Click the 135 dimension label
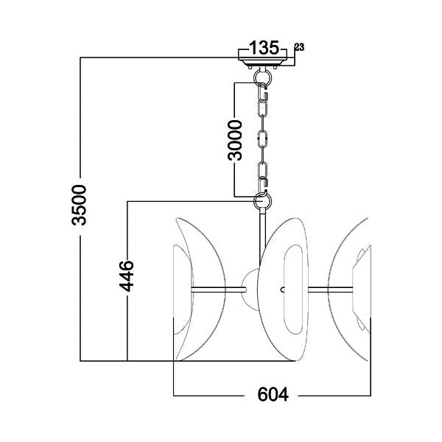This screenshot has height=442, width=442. [264, 48]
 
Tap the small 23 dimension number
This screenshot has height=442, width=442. [299, 47]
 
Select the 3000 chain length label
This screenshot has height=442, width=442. [235, 140]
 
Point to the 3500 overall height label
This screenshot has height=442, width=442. [79, 205]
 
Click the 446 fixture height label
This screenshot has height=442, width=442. [126, 276]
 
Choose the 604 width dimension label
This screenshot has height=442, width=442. [273, 395]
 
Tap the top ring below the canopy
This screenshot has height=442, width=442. [262, 77]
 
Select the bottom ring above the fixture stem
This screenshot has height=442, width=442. [263, 201]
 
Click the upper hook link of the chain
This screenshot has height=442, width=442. [263, 92]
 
